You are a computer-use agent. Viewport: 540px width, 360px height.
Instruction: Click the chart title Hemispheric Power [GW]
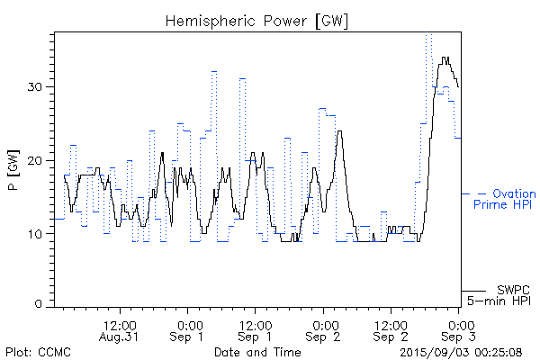coord(257,20)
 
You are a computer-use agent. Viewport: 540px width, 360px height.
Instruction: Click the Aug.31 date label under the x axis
coord(121,337)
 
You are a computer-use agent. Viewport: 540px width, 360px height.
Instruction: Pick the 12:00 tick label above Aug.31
coord(121,324)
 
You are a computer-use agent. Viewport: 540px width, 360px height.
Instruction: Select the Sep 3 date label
coord(459,337)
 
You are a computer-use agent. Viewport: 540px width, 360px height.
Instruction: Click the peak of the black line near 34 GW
coord(445,58)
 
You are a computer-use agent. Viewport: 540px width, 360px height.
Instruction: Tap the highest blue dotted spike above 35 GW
coord(429,35)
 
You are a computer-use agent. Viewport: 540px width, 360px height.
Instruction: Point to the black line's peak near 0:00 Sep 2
coord(339,131)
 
